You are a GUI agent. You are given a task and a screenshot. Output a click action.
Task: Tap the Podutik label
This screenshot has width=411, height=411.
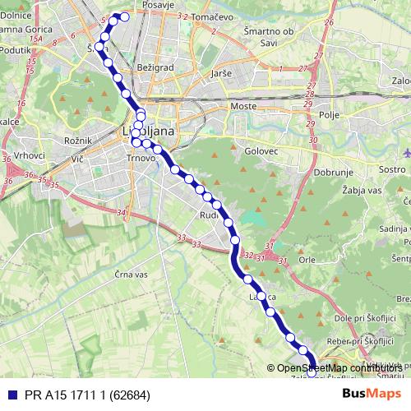(x=16, y=48)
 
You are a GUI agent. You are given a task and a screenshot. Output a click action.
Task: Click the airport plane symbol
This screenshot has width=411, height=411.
(x=408, y=152)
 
